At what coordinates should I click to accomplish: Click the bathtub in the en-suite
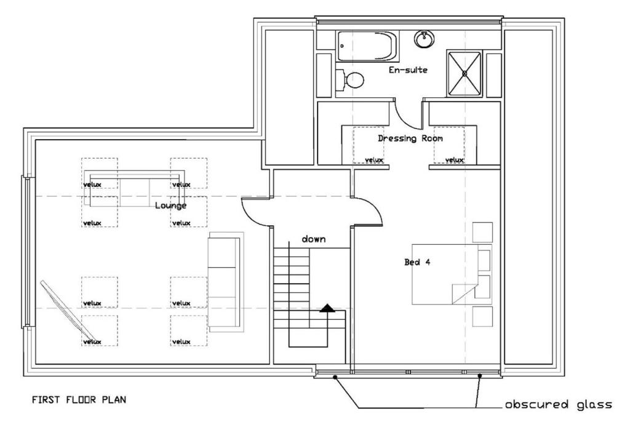coord(367,46)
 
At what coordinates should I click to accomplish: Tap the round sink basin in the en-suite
coord(424,39)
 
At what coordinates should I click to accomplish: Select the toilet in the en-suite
coord(349,79)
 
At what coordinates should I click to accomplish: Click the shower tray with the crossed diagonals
coord(464,74)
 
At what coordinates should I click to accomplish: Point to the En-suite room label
coord(408,70)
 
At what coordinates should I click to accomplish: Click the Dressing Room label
coord(410,138)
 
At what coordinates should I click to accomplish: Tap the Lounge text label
coord(171,206)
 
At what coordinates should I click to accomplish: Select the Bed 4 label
coord(417,262)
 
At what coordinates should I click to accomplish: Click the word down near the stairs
coord(313,239)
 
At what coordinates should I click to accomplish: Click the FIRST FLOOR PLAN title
coord(79,399)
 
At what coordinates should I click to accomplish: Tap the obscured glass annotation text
coord(559,404)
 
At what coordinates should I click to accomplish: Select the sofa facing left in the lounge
coord(225,282)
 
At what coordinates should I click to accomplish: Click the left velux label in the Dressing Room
coord(373,160)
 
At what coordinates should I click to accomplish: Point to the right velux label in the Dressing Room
coord(455,160)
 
